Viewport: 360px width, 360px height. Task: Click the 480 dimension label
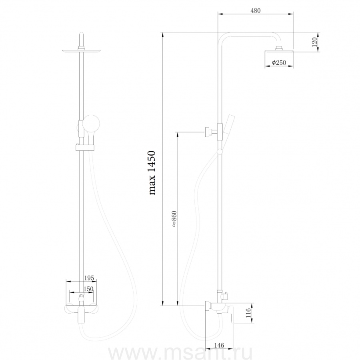click(x=256, y=10)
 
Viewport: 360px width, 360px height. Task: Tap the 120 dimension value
click(x=314, y=42)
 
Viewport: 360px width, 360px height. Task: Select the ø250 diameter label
click(x=279, y=62)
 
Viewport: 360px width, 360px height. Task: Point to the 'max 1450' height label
click(x=152, y=173)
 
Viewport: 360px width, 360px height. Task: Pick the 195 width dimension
click(x=89, y=278)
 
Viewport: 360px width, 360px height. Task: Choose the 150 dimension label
click(x=88, y=289)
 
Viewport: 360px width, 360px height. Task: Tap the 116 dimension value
click(x=248, y=313)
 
